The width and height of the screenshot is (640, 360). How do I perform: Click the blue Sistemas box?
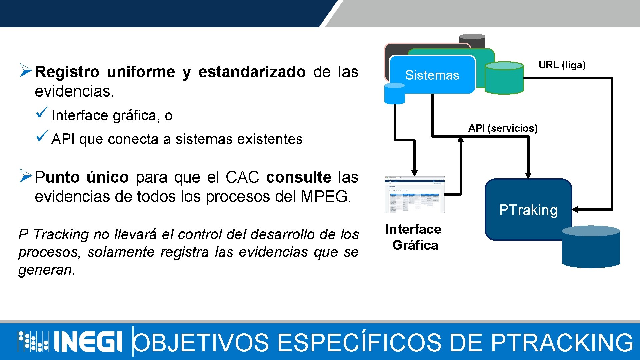tap(432, 75)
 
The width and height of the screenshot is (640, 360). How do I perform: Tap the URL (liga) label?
tap(562, 65)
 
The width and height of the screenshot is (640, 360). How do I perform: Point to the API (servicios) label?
tap(503, 128)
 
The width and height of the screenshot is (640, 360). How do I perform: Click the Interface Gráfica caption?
tap(414, 237)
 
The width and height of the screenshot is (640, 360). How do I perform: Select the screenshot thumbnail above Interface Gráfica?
tap(414, 194)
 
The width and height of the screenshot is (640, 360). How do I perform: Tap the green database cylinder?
tap(504, 78)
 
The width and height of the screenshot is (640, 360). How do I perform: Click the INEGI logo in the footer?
tap(70, 341)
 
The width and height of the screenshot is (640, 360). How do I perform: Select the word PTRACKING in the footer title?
tap(562, 342)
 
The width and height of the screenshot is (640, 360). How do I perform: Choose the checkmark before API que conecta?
tap(42, 136)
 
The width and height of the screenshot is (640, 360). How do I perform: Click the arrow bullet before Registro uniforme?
tap(25, 70)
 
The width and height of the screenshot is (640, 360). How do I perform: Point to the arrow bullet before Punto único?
tap(25, 176)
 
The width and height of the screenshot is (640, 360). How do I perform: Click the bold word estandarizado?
tap(252, 72)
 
